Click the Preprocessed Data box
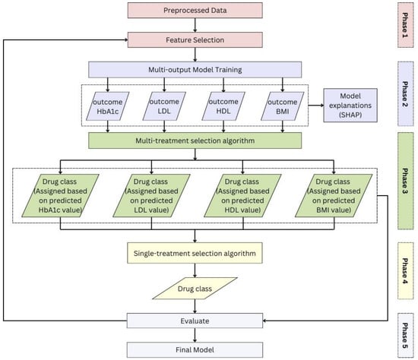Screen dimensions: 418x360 (x=195, y=11)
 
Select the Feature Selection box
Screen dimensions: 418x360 (x=195, y=40)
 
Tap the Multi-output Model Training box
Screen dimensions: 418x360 (x=195, y=70)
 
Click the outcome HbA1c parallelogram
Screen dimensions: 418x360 (x=108, y=106)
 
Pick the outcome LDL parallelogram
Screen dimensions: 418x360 (x=164, y=106)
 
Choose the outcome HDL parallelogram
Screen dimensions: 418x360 (x=223, y=106)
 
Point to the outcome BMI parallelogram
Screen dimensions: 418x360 (x=283, y=106)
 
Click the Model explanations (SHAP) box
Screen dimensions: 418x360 (x=350, y=106)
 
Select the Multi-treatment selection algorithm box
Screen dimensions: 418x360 (x=195, y=141)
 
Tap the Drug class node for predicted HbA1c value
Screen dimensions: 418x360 (x=60, y=196)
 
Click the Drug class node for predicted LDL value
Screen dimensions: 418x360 (x=151, y=196)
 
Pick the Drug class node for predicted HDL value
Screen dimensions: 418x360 (x=242, y=196)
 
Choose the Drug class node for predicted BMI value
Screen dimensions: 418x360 (x=334, y=196)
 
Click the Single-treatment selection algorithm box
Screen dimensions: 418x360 (x=195, y=253)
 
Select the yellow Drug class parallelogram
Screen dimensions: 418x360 (x=195, y=289)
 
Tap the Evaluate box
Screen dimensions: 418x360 (x=195, y=321)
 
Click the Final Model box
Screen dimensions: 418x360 (x=195, y=350)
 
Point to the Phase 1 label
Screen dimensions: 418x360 (x=406, y=25)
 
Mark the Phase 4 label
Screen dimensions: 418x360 (x=406, y=270)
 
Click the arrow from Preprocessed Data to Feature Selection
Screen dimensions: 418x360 (x=195, y=25)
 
